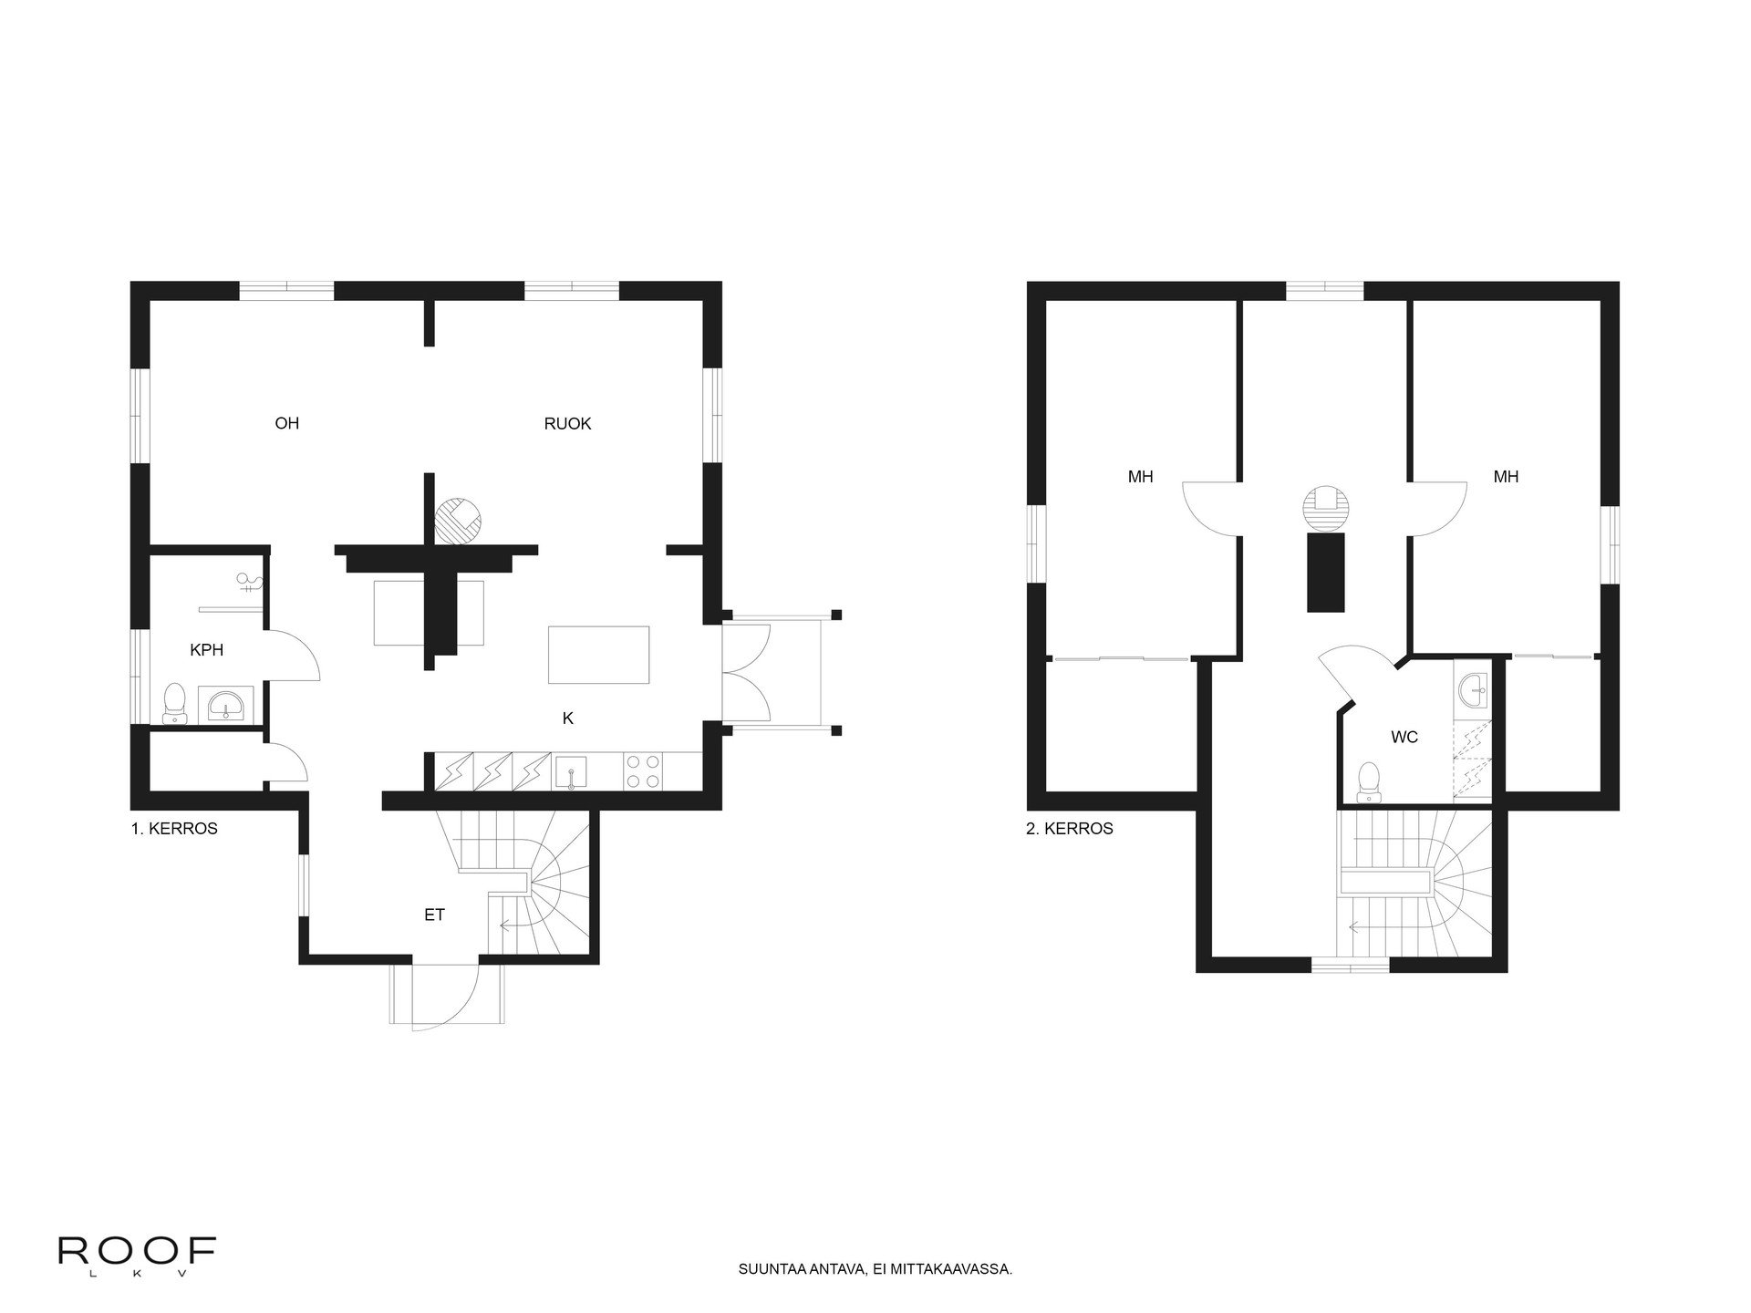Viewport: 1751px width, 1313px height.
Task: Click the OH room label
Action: (287, 423)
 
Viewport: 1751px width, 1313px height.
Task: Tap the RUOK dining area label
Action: (567, 423)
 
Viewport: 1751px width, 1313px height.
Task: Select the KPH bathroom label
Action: (206, 650)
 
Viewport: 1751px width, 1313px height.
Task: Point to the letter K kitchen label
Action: (567, 719)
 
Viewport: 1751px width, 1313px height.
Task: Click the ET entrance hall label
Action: (434, 915)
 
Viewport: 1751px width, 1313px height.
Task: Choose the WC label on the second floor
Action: (1404, 737)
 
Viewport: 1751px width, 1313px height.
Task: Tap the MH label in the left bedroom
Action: (1140, 476)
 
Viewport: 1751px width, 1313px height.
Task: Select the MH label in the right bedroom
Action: (1506, 476)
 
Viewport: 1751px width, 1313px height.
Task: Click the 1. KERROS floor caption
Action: (174, 829)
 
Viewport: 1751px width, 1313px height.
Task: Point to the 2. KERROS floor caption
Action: (1070, 829)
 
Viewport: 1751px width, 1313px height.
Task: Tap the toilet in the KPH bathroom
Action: (174, 705)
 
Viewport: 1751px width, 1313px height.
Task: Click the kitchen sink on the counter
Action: (571, 770)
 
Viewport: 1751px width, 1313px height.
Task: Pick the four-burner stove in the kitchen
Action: (644, 770)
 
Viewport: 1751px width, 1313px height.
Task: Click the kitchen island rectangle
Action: (598, 655)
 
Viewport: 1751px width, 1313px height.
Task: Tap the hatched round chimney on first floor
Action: (459, 521)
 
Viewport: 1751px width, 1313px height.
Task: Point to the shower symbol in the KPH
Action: (247, 582)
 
